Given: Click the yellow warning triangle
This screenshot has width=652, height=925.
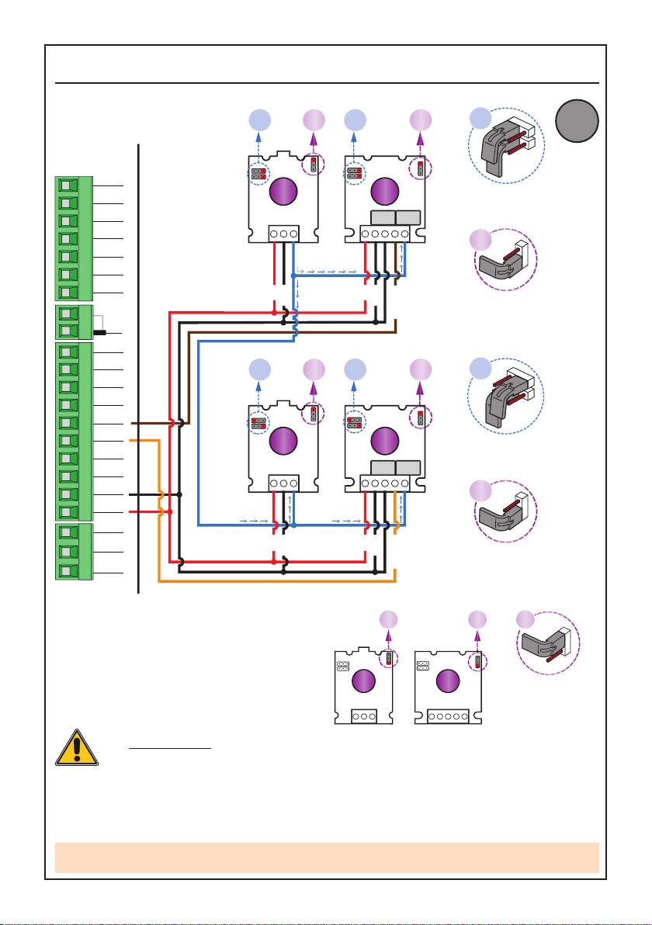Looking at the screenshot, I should (x=76, y=749).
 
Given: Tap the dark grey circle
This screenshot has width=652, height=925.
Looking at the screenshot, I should (x=577, y=123).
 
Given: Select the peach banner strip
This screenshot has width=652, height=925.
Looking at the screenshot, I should (x=327, y=857).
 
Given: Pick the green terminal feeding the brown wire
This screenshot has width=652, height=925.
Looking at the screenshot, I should (x=67, y=424).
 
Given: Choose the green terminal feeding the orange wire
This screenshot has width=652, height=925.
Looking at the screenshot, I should (x=67, y=441).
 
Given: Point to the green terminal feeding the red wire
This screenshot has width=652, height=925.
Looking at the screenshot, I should (x=67, y=512).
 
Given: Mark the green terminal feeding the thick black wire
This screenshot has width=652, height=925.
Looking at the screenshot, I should (x=67, y=494).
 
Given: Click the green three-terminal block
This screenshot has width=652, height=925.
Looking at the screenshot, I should (x=73, y=552).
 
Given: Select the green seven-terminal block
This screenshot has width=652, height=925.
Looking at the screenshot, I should (x=73, y=238).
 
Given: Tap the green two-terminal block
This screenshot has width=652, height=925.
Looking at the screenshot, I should (x=73, y=322).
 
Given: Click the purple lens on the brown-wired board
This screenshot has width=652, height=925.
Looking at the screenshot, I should (x=383, y=191).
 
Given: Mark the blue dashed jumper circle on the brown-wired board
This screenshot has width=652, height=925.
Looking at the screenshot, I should (x=354, y=172).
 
